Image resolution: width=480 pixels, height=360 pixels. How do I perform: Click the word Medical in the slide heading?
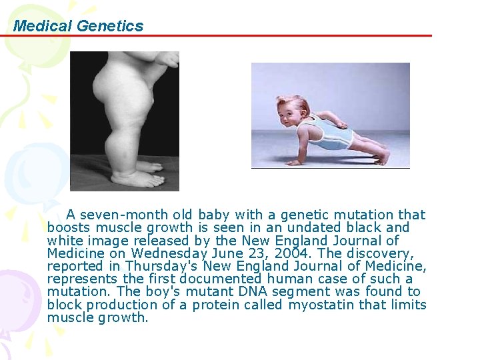click(43, 26)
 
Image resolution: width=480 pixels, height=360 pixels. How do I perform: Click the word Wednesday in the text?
click(168, 253)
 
